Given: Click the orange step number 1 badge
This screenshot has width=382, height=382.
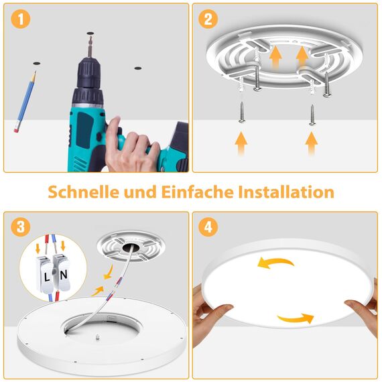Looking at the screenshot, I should tap(23, 21).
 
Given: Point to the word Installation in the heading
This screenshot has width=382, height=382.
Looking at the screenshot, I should tap(286, 192).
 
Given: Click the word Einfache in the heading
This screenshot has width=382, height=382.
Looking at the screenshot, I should tap(198, 192).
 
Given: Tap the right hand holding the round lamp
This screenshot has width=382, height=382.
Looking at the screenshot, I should tap(362, 308).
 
